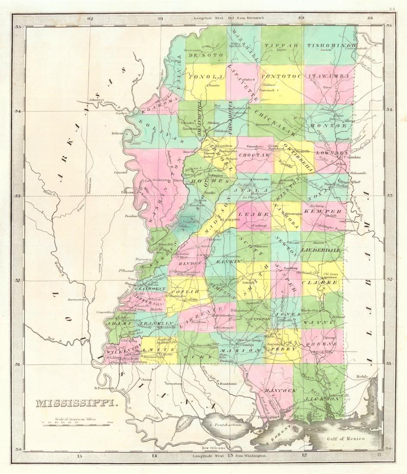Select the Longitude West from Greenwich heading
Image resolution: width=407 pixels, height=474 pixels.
[231, 19]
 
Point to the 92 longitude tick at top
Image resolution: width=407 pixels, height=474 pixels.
[90, 19]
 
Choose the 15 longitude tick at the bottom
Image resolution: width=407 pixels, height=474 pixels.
[79, 455]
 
